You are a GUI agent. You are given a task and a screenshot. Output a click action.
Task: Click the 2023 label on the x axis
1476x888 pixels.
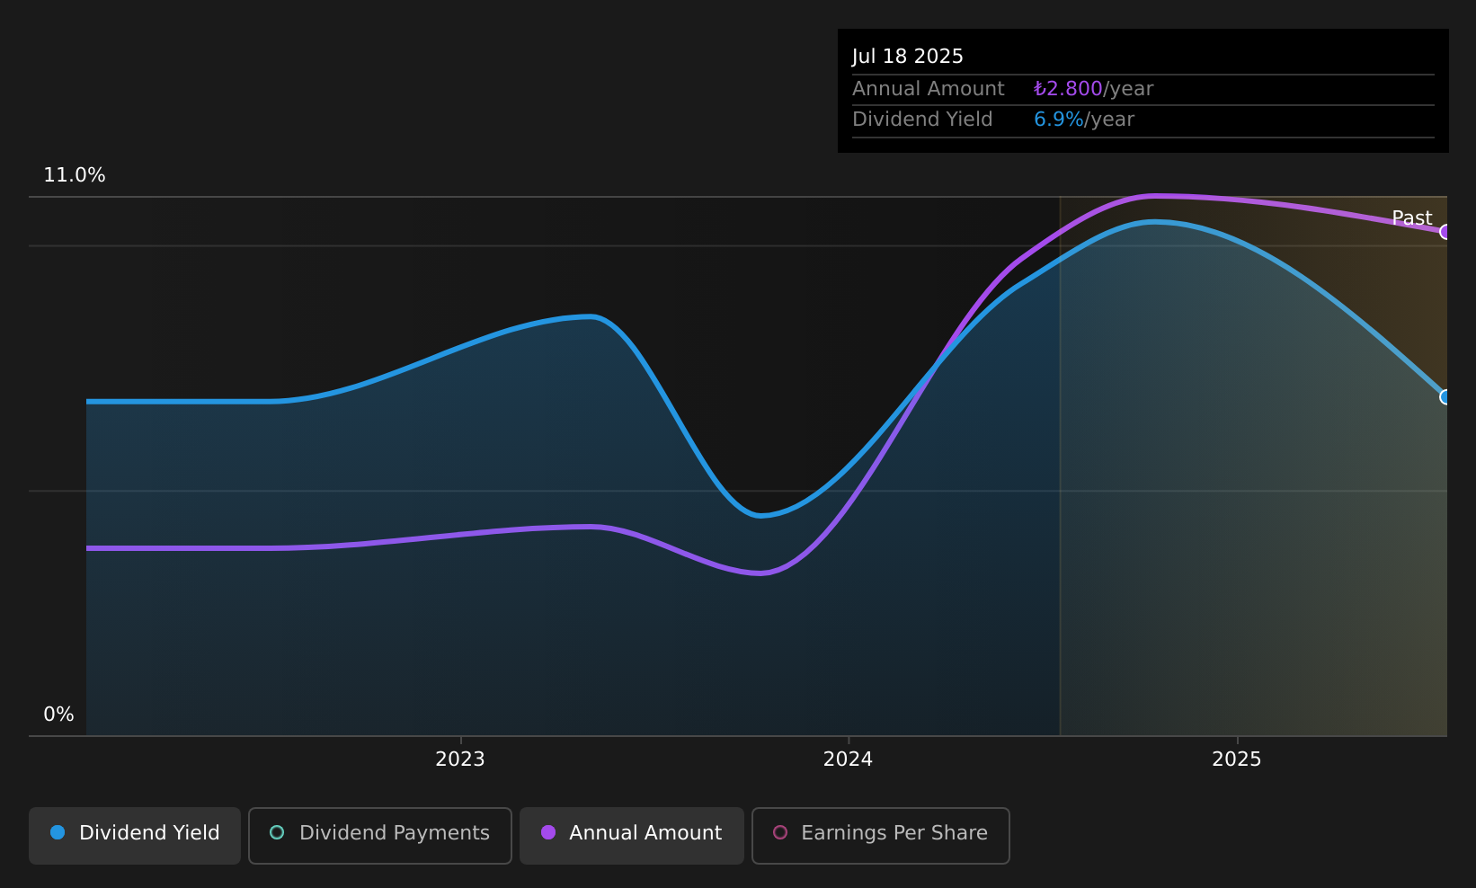(x=460, y=759)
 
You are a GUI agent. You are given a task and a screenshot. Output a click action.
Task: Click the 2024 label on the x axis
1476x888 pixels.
(x=848, y=759)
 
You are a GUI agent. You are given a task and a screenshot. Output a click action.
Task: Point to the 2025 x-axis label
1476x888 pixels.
(x=1237, y=759)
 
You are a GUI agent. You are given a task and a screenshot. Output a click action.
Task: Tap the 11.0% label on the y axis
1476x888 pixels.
(x=75, y=175)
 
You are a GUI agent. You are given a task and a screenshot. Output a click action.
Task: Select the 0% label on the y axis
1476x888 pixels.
(x=58, y=715)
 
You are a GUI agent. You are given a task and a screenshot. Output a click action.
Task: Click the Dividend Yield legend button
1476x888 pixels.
(x=135, y=835)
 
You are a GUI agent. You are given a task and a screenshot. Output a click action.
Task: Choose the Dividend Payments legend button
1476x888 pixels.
(x=380, y=835)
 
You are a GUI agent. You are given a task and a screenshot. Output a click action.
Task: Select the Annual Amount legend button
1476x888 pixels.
(x=632, y=835)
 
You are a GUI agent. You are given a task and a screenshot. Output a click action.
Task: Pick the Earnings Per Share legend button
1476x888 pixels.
(x=881, y=835)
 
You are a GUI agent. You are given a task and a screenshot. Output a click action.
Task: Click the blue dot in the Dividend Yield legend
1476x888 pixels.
(x=58, y=832)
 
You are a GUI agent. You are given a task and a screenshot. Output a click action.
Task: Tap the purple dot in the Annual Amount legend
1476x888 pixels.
(x=548, y=832)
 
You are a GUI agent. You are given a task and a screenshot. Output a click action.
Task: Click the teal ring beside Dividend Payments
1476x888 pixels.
(x=277, y=832)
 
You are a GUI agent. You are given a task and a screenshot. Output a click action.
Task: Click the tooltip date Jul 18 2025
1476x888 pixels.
(x=907, y=57)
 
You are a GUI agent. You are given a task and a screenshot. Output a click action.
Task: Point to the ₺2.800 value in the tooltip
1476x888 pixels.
(x=1068, y=89)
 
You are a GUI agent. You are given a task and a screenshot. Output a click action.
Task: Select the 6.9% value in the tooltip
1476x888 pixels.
(x=1058, y=120)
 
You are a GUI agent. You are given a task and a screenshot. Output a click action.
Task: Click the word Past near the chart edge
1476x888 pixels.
(x=1411, y=218)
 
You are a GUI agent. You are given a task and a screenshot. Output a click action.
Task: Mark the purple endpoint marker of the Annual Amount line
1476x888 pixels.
(x=1445, y=232)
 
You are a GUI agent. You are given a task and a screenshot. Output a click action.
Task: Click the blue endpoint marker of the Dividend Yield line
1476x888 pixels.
(x=1445, y=397)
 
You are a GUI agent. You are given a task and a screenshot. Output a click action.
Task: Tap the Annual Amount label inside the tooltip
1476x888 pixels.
(x=928, y=89)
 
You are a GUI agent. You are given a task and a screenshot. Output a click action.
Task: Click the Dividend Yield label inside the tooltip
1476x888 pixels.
(x=922, y=120)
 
